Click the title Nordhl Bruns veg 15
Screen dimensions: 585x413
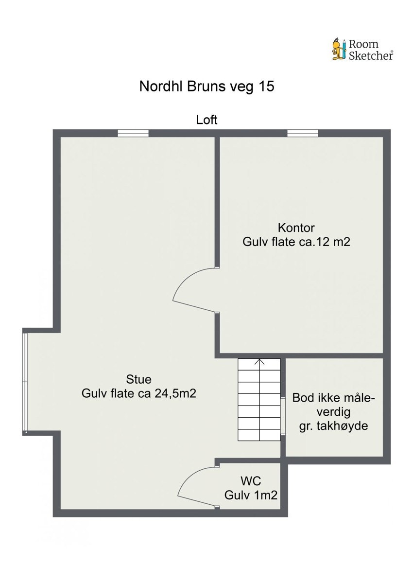(206, 87)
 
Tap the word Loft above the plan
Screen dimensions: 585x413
(206, 120)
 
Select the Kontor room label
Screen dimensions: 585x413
(296, 228)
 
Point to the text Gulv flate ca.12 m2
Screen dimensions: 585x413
(296, 242)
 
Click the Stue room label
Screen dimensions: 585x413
(138, 379)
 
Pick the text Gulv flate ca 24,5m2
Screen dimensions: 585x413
(138, 394)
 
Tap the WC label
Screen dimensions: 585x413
(251, 481)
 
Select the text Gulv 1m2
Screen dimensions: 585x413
(251, 495)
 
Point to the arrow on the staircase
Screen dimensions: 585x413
(259, 362)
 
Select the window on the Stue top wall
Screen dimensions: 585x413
(133, 133)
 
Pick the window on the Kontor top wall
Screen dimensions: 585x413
(302, 133)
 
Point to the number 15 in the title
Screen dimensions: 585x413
(267, 87)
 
